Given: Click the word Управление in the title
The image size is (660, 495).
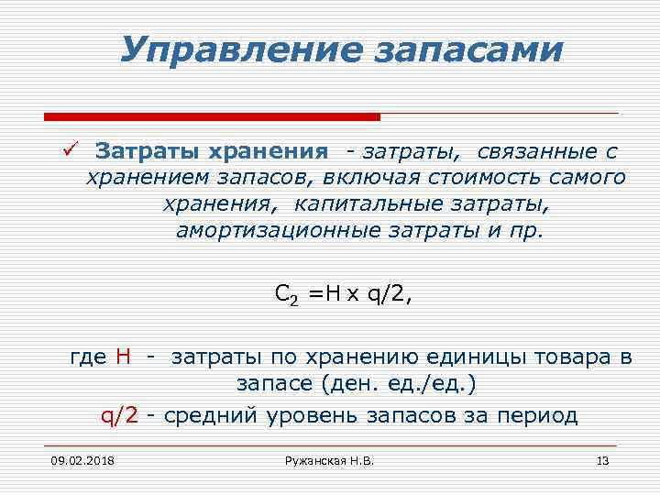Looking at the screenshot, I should point(236,50).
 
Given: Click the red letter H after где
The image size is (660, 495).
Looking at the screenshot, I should point(125,356).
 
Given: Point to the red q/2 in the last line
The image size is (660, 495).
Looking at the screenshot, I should point(119,415).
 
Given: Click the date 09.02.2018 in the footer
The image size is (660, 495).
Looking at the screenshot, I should point(76,459).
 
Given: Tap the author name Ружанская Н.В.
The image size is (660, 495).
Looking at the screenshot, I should point(330,459).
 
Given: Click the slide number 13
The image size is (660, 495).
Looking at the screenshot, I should point(602,459).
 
